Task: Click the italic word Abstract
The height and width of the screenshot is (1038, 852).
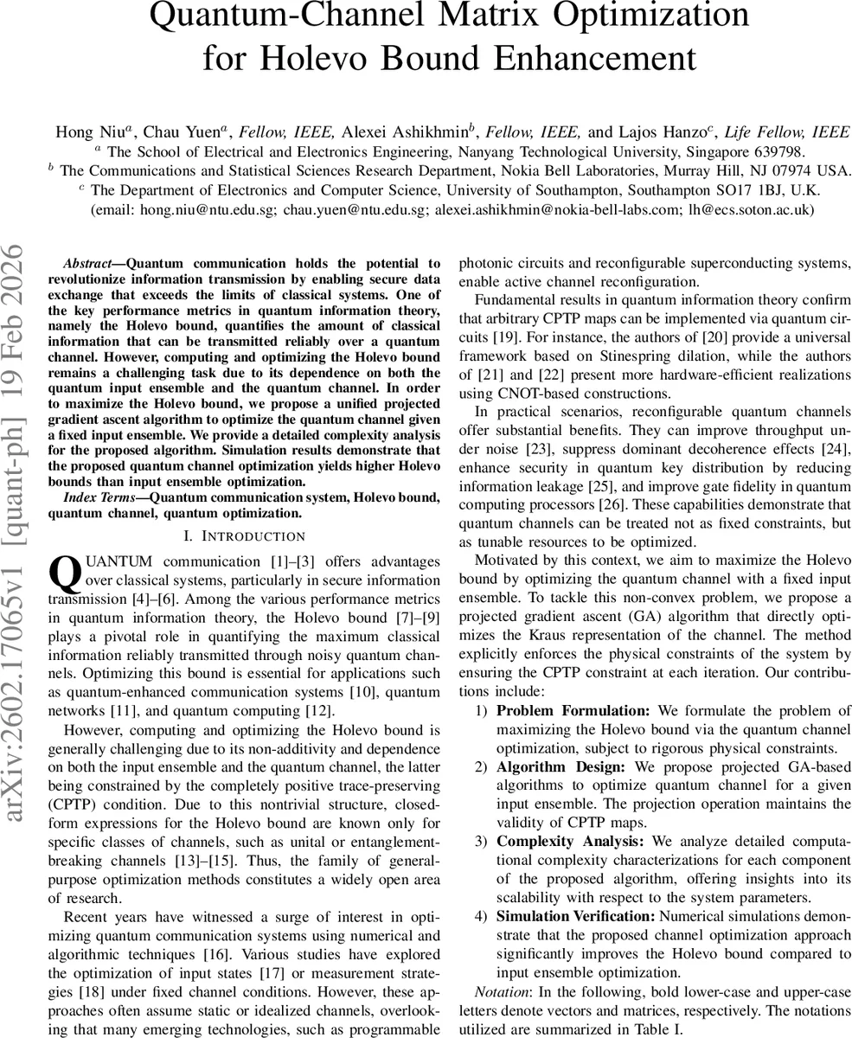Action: [88, 263]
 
